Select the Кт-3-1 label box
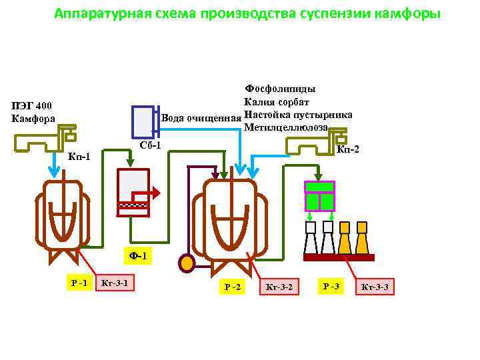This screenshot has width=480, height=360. pyautogui.click(x=114, y=283)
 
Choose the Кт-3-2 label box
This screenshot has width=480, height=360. pyautogui.click(x=279, y=287)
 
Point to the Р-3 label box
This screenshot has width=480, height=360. pyautogui.click(x=331, y=286)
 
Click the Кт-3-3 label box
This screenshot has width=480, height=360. pyautogui.click(x=374, y=287)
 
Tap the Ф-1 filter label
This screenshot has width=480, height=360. pyautogui.click(x=137, y=255)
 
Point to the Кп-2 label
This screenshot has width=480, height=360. pyautogui.click(x=348, y=149)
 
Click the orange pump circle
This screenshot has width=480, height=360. pyautogui.click(x=187, y=263)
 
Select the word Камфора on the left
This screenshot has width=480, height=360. pyautogui.click(x=33, y=119)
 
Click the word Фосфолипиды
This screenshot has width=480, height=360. pyautogui.click(x=281, y=89)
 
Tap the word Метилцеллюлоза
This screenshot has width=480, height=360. pyautogui.click(x=286, y=127)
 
